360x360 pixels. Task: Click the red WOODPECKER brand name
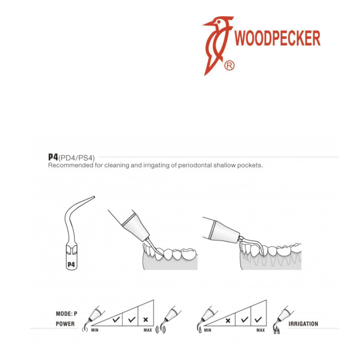pyautogui.click(x=277, y=38)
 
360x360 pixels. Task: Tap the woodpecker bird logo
pyautogui.click(x=218, y=45)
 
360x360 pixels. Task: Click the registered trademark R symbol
pyautogui.click(x=229, y=66)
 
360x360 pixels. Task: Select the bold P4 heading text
pyautogui.click(x=53, y=157)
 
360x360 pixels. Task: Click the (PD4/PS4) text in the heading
pyautogui.click(x=76, y=158)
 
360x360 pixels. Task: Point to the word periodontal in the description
pyautogui.click(x=195, y=165)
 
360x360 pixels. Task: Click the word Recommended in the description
pyautogui.click(x=71, y=165)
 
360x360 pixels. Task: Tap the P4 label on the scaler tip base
pyautogui.click(x=71, y=265)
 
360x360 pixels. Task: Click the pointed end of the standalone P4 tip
pyautogui.click(x=94, y=197)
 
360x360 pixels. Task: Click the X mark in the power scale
pyautogui.click(x=145, y=319)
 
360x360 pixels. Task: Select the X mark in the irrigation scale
pyautogui.click(x=228, y=320)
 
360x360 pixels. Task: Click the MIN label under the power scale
pyautogui.click(x=94, y=330)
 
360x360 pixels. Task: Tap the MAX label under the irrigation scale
pyautogui.click(x=261, y=330)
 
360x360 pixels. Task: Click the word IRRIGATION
pyautogui.click(x=303, y=324)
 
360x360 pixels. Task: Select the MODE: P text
pyautogui.click(x=67, y=314)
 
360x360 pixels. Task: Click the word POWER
pyautogui.click(x=65, y=324)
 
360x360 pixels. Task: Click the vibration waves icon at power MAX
pyautogui.click(x=161, y=330)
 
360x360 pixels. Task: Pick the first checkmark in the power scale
pyautogui.click(x=116, y=319)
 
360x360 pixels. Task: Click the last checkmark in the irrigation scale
pyautogui.click(x=258, y=319)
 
